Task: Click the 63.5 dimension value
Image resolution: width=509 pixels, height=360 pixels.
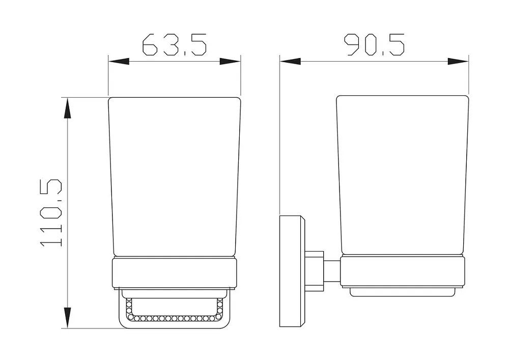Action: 174,44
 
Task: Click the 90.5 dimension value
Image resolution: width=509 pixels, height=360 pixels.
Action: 374,44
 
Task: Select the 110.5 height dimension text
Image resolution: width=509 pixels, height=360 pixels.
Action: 51,213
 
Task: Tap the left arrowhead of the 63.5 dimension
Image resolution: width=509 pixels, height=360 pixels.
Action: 119,61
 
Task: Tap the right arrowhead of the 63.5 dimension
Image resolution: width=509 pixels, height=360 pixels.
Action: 230,61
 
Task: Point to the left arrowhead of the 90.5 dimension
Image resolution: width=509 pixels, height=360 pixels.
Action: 290,61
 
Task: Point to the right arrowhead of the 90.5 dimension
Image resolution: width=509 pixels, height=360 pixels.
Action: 458,61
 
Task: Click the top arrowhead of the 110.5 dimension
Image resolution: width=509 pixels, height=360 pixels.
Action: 67,108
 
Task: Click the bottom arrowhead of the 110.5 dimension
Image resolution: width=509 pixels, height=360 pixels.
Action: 67,318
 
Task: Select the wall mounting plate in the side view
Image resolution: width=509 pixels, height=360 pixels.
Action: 292,271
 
